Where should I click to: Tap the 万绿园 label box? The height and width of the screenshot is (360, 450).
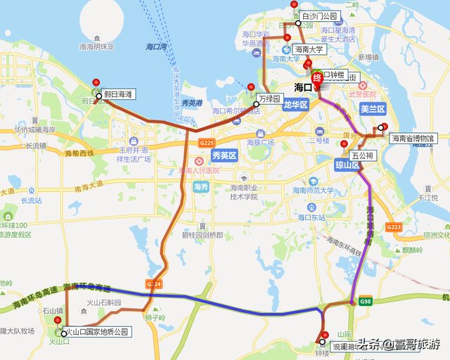(269, 99)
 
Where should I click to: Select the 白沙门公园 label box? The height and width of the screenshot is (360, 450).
(321, 16)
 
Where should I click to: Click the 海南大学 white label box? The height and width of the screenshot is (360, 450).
(309, 50)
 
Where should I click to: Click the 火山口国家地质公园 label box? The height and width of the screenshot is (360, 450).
(97, 332)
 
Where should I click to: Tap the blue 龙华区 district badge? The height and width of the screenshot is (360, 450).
(296, 105)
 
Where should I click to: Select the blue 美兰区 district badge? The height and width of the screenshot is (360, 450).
(373, 109)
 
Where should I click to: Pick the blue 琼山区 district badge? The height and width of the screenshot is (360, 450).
(347, 165)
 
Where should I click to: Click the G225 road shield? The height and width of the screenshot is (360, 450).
(207, 143)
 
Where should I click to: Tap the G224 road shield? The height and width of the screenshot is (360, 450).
(154, 283)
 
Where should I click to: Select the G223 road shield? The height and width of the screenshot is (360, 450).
(394, 227)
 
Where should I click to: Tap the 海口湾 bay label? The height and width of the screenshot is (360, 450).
(156, 47)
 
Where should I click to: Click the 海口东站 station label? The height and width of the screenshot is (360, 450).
(312, 217)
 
